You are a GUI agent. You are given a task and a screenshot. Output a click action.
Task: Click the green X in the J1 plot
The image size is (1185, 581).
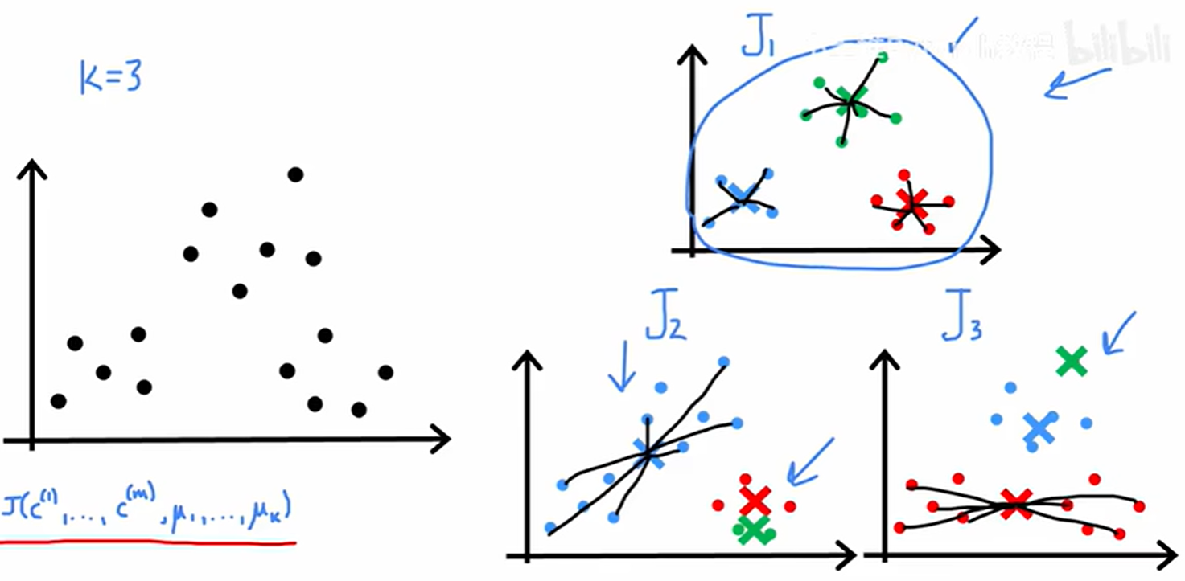pos(851,100)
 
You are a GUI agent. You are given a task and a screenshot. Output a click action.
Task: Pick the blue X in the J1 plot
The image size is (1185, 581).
pos(743,195)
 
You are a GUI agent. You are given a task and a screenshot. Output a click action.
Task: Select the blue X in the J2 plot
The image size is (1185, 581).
pos(648,453)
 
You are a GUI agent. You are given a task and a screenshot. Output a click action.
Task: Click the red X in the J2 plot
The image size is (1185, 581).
pos(755,501)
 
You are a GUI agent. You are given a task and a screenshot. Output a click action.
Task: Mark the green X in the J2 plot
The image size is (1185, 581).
pos(753,529)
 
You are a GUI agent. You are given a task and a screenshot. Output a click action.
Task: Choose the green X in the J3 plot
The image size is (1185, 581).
pos(1072,362)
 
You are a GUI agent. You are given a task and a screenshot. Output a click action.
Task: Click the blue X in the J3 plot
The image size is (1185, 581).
pos(1039,429)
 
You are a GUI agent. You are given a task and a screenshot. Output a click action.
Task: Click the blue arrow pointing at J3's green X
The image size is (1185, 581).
pos(1118,333)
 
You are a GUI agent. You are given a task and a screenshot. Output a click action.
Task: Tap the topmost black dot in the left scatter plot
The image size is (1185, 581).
pos(295,174)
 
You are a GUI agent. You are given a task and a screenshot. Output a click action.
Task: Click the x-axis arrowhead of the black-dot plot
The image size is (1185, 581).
pos(438,439)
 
